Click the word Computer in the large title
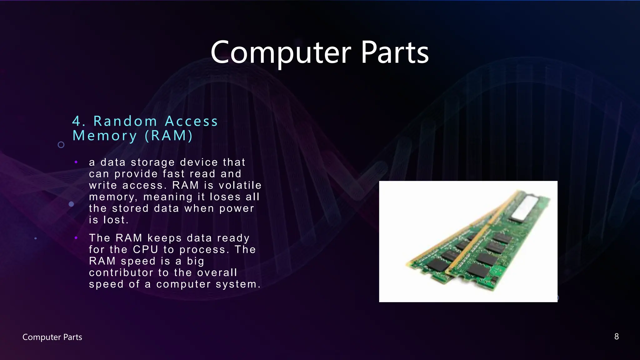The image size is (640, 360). [x=281, y=52]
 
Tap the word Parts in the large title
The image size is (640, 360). [x=395, y=52]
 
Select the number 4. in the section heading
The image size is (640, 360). [x=79, y=121]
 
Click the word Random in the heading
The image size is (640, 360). [x=125, y=121]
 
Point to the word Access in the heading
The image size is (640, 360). [x=191, y=121]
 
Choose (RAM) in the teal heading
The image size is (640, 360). [x=169, y=136]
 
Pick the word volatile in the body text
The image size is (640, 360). [x=240, y=185]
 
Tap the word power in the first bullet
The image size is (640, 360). [x=237, y=208]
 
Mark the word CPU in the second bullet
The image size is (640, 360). [x=146, y=250]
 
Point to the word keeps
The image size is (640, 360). [x=164, y=238]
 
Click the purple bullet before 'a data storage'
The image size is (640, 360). [x=76, y=162]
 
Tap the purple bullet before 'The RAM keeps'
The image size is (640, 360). [x=76, y=238]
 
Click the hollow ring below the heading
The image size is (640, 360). [x=61, y=145]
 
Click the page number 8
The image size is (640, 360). [x=616, y=337]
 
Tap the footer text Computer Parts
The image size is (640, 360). [x=52, y=337]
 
